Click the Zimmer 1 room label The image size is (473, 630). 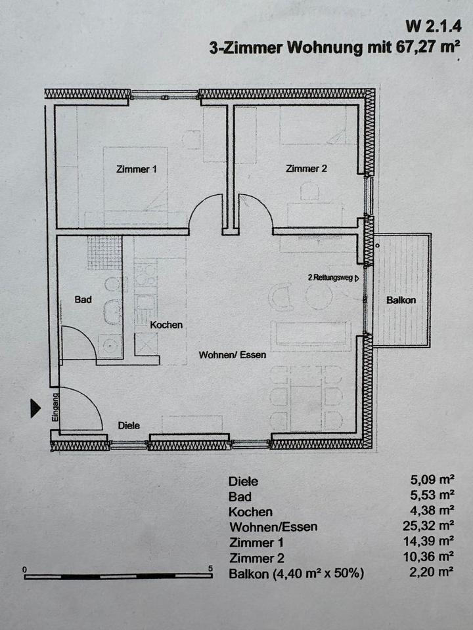[x=137, y=169]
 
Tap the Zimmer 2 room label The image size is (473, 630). [x=307, y=169]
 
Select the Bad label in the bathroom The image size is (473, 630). [x=83, y=299]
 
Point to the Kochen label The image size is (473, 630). [x=166, y=325]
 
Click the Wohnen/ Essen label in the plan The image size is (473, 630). [x=233, y=355]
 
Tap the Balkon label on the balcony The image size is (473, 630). [x=401, y=300]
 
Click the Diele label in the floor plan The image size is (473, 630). [x=129, y=425]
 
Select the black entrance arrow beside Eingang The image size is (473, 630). [x=35, y=408]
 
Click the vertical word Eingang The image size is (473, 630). [x=55, y=407]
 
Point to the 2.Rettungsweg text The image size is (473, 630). [x=330, y=277]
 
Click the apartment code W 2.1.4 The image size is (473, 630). [x=432, y=26]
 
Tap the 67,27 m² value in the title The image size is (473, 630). [x=428, y=47]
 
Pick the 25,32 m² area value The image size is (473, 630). [x=429, y=526]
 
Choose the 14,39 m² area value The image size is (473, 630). [x=429, y=541]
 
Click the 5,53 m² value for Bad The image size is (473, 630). [x=432, y=495]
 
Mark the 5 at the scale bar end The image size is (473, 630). [x=210, y=568]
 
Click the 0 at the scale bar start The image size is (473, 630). [x=25, y=570]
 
